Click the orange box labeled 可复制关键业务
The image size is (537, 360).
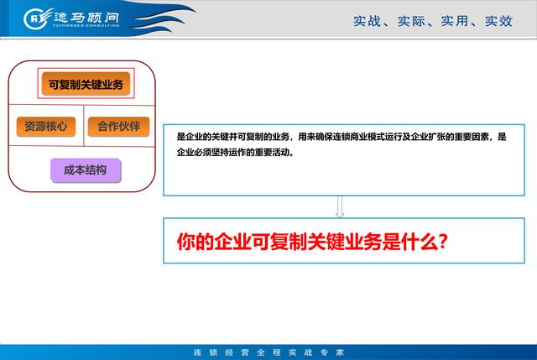click(x=86, y=84)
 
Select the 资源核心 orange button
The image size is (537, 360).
click(x=46, y=127)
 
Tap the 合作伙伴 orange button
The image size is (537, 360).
click(x=119, y=127)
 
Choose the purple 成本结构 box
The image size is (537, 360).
click(x=86, y=170)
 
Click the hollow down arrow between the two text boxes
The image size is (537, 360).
click(x=340, y=206)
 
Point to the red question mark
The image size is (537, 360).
click(x=442, y=242)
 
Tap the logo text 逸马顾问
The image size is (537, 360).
click(x=86, y=17)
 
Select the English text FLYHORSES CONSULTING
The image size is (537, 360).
click(x=86, y=25)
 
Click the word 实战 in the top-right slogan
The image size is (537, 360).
click(x=367, y=21)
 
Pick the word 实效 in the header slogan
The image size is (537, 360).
click(x=498, y=21)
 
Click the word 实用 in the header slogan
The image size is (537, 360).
click(x=455, y=21)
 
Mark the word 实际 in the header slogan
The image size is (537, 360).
click(x=411, y=21)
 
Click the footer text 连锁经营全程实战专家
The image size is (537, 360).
click(x=268, y=352)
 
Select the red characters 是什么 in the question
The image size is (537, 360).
click(x=409, y=242)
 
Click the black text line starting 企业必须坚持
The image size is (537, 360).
click(x=236, y=152)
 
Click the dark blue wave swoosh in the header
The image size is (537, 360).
click(x=161, y=18)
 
